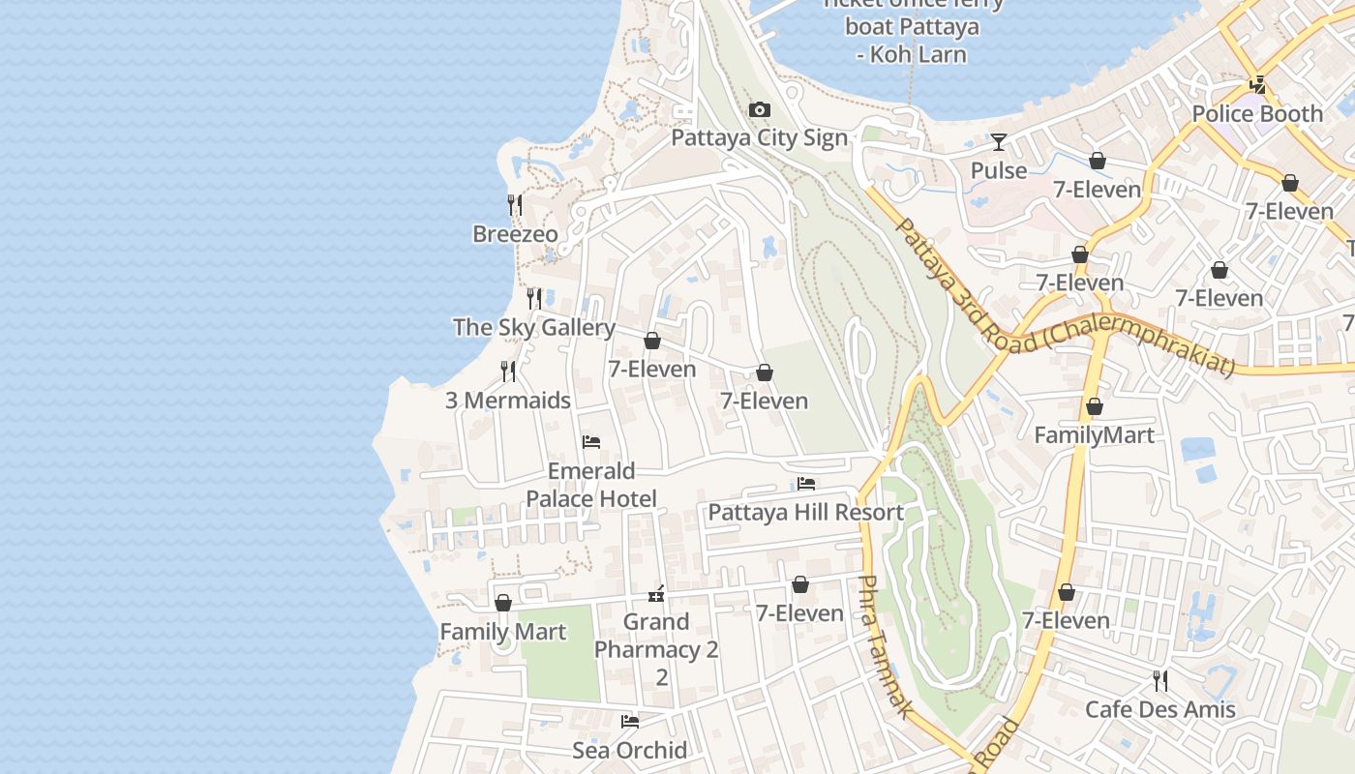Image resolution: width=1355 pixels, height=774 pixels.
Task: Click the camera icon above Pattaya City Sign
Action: click(x=760, y=109)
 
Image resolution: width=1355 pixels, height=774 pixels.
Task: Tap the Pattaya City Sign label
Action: click(x=759, y=137)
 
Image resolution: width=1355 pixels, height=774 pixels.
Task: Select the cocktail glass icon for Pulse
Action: click(x=998, y=142)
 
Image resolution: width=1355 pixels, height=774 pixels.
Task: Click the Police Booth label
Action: click(x=1256, y=113)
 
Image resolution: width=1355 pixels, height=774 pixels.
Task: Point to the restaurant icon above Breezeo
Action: click(x=515, y=205)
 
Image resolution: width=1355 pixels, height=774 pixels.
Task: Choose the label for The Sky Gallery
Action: click(x=533, y=327)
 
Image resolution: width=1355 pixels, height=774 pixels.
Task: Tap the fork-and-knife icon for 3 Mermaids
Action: click(x=508, y=372)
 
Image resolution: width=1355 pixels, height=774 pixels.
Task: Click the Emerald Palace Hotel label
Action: click(x=591, y=485)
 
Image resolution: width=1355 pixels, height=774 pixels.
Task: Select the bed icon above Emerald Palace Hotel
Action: click(x=591, y=442)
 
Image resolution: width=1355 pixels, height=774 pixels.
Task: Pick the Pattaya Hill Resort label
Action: click(x=805, y=512)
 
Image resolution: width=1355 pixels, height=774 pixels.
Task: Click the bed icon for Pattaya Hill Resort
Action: click(x=806, y=484)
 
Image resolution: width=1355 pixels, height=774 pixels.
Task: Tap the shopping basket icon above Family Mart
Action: click(x=502, y=604)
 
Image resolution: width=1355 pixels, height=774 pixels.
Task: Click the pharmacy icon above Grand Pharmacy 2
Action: click(x=656, y=594)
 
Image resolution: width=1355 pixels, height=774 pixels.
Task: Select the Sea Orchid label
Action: click(x=629, y=750)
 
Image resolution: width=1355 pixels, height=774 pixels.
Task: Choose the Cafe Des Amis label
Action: click(x=1159, y=709)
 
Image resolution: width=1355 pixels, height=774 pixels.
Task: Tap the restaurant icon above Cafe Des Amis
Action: click(x=1159, y=681)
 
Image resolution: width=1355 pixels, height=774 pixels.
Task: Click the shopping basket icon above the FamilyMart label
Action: click(x=1094, y=406)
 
